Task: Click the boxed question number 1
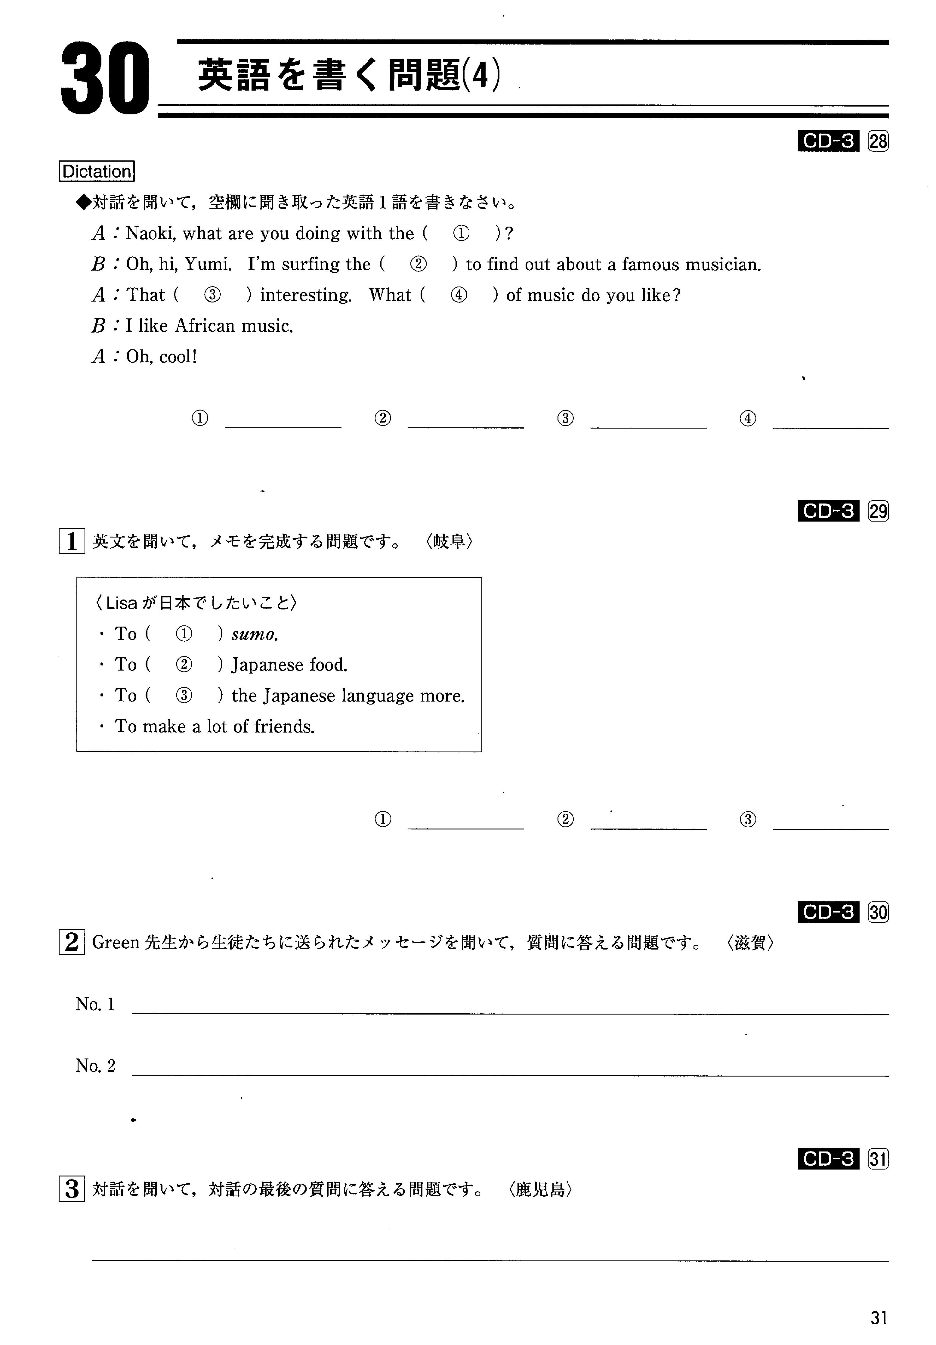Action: pos(72,541)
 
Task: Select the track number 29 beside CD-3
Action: pos(878,511)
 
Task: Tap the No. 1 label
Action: pos(95,1004)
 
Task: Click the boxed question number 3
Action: pos(72,1189)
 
